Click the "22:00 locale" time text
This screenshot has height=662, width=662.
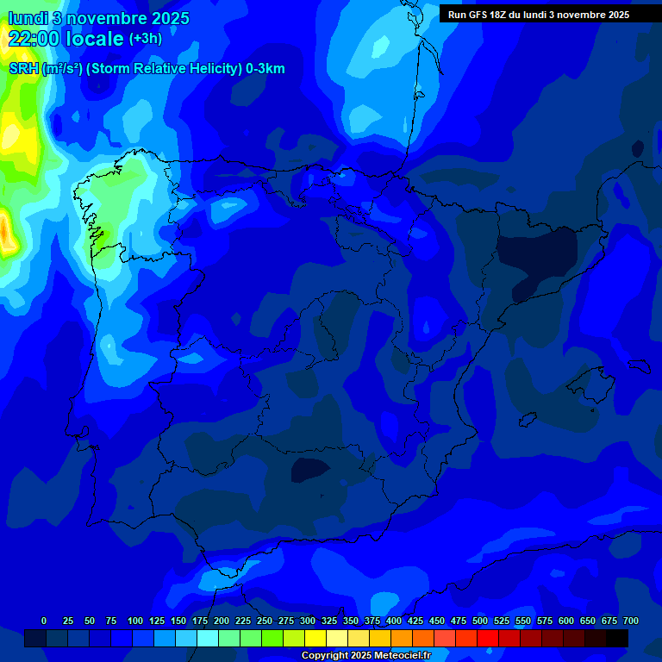pyautogui.click(x=66, y=38)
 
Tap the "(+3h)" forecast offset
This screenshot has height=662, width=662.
pyautogui.click(x=145, y=39)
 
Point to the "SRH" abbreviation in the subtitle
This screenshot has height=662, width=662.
pyautogui.click(x=24, y=69)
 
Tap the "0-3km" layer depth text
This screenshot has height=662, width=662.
pyautogui.click(x=265, y=69)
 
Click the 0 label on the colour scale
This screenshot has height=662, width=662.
pyautogui.click(x=44, y=621)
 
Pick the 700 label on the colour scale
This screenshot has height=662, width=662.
pyautogui.click(x=630, y=621)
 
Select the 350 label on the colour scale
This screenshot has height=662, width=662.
pyautogui.click(x=351, y=621)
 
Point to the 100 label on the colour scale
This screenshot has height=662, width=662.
pyautogui.click(x=135, y=621)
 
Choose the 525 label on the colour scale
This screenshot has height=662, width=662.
pyautogui.click(x=502, y=621)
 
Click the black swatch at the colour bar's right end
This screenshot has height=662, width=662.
pyautogui.click(x=616, y=638)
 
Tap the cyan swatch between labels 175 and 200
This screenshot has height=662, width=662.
pyautogui.click(x=208, y=638)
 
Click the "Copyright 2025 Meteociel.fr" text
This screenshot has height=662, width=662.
pyautogui.click(x=366, y=656)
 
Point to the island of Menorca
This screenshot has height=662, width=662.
pyautogui.click(x=640, y=365)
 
